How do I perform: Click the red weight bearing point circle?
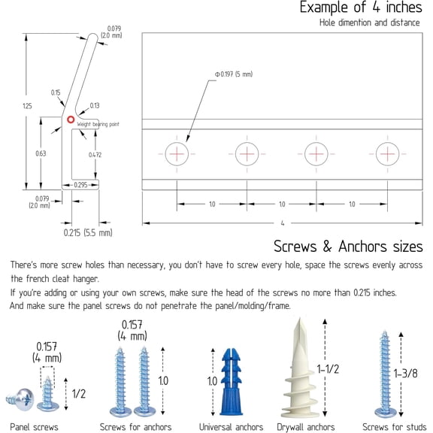[x=71, y=120]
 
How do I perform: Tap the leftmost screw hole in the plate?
[x=177, y=154]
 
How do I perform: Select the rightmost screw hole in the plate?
[x=387, y=154]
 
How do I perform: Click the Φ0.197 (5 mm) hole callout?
[x=234, y=74]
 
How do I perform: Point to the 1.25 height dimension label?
[x=27, y=106]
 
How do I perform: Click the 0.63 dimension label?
[x=41, y=153]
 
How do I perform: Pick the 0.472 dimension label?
[x=95, y=155]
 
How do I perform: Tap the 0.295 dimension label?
[x=80, y=185]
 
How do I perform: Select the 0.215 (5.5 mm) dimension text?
[x=88, y=232]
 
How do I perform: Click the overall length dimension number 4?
[x=283, y=223]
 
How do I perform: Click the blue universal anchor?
[x=231, y=382]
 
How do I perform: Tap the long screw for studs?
[x=385, y=374]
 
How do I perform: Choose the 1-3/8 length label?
[x=405, y=374]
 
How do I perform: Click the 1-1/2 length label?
[x=328, y=369]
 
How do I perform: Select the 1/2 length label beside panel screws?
[x=79, y=393]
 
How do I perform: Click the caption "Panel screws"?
[x=34, y=427]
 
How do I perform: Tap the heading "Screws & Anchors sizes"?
[x=348, y=247]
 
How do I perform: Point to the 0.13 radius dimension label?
[x=95, y=105]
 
